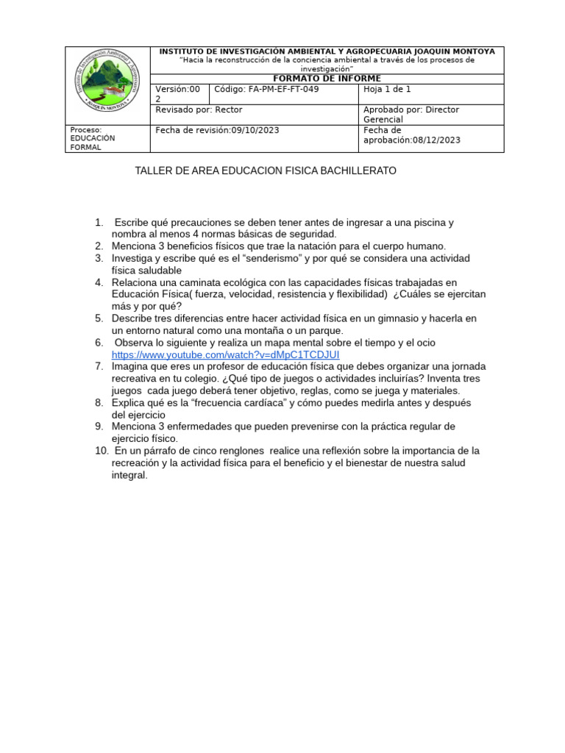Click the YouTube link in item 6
(x=225, y=354)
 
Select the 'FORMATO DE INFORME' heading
(x=327, y=79)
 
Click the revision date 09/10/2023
(x=255, y=130)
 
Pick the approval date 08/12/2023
(x=437, y=140)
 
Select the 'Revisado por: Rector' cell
(x=199, y=110)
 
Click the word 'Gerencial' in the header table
(x=383, y=119)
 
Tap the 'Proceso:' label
(x=85, y=129)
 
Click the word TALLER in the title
(x=152, y=171)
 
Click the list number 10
(x=102, y=450)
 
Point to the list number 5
(x=99, y=318)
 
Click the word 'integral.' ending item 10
(x=129, y=475)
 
